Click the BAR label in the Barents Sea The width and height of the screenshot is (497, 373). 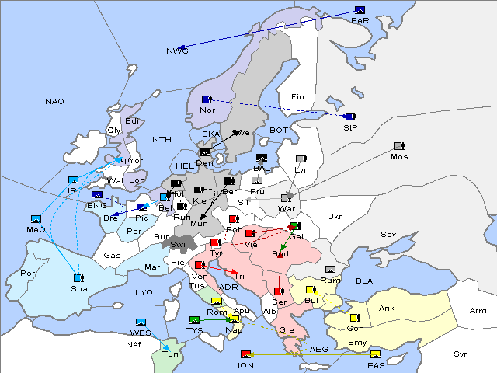click(360, 20)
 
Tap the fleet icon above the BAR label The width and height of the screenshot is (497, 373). click(360, 10)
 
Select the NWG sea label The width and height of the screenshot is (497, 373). click(177, 51)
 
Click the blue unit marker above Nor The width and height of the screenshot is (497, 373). click(206, 99)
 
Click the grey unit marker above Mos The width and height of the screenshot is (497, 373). click(399, 146)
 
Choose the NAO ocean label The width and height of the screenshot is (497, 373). click(54, 102)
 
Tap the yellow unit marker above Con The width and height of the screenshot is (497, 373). click(356, 318)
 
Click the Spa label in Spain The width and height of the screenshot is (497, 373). click(78, 288)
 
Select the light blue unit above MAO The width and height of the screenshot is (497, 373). click(36, 219)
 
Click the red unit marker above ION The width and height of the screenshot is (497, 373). click(246, 354)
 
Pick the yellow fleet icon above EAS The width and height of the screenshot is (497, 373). click(376, 354)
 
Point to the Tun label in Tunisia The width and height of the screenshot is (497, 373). click(170, 354)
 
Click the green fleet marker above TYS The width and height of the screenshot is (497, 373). click(195, 320)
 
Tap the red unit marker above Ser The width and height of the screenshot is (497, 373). click(278, 291)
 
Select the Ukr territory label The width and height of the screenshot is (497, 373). click(334, 217)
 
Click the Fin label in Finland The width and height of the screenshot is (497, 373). click(296, 97)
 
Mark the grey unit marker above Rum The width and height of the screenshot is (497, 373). click(331, 270)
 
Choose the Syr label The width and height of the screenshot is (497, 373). click(461, 354)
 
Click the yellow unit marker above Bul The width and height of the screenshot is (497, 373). click(311, 290)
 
